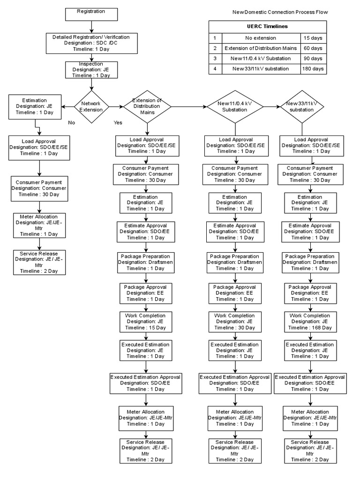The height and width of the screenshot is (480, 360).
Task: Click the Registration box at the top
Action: coord(91,14)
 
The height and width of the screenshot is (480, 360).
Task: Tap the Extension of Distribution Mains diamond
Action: coord(147,107)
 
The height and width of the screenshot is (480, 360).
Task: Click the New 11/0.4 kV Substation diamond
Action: coord(235,107)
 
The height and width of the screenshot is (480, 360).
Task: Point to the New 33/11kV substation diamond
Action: coord(302,107)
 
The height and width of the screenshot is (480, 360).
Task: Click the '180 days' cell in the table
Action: coord(313,68)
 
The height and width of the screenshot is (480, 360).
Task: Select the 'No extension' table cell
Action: coord(261,38)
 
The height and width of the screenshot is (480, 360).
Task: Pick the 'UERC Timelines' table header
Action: coord(268,27)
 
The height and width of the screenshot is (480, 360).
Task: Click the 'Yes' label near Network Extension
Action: coord(118,123)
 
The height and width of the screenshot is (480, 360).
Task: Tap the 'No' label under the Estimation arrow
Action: coord(71,123)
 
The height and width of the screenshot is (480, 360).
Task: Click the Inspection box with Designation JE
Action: coord(91,69)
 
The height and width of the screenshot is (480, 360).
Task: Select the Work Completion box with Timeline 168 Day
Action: coord(310,322)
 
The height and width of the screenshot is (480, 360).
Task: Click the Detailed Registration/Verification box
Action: coord(91,43)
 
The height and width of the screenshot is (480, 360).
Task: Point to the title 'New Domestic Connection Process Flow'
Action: coord(280,12)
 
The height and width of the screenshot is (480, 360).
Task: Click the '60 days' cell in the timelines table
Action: coord(313,48)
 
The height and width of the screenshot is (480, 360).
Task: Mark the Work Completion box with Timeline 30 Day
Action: coord(234,322)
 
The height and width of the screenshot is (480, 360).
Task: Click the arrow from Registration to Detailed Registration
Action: coord(91,26)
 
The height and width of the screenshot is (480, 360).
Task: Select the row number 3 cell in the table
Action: coord(215,59)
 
